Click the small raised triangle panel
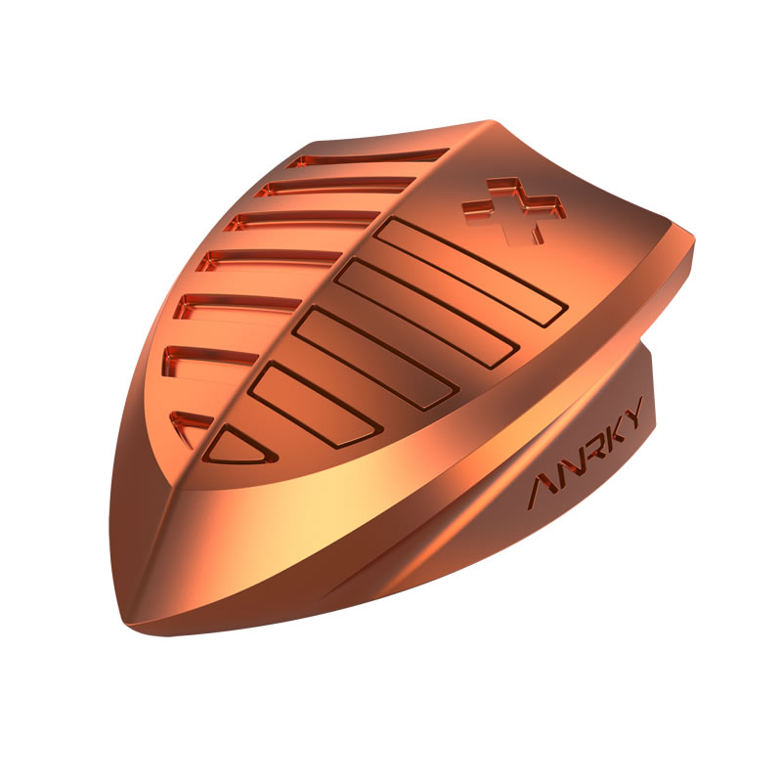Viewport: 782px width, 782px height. (239, 447)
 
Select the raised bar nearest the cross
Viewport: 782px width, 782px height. (471, 271)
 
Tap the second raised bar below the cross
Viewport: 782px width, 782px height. (425, 313)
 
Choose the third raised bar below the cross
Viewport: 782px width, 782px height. (375, 358)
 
